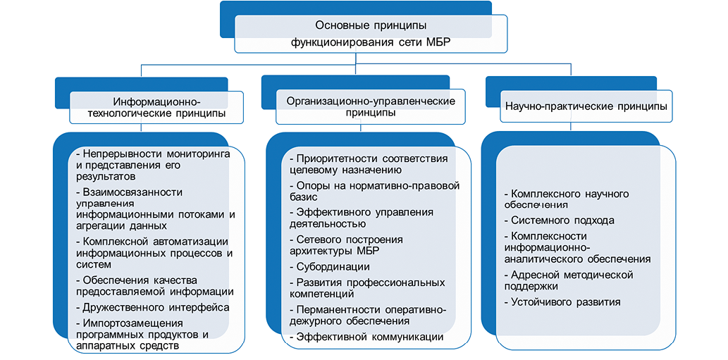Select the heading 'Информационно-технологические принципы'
(156, 106)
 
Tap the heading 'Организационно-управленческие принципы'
(371, 106)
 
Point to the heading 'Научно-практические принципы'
(586, 106)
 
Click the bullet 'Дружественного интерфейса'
(155, 307)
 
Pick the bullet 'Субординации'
(333, 267)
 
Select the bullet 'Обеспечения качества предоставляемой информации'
(155, 285)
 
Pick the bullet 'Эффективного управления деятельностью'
(364, 218)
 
